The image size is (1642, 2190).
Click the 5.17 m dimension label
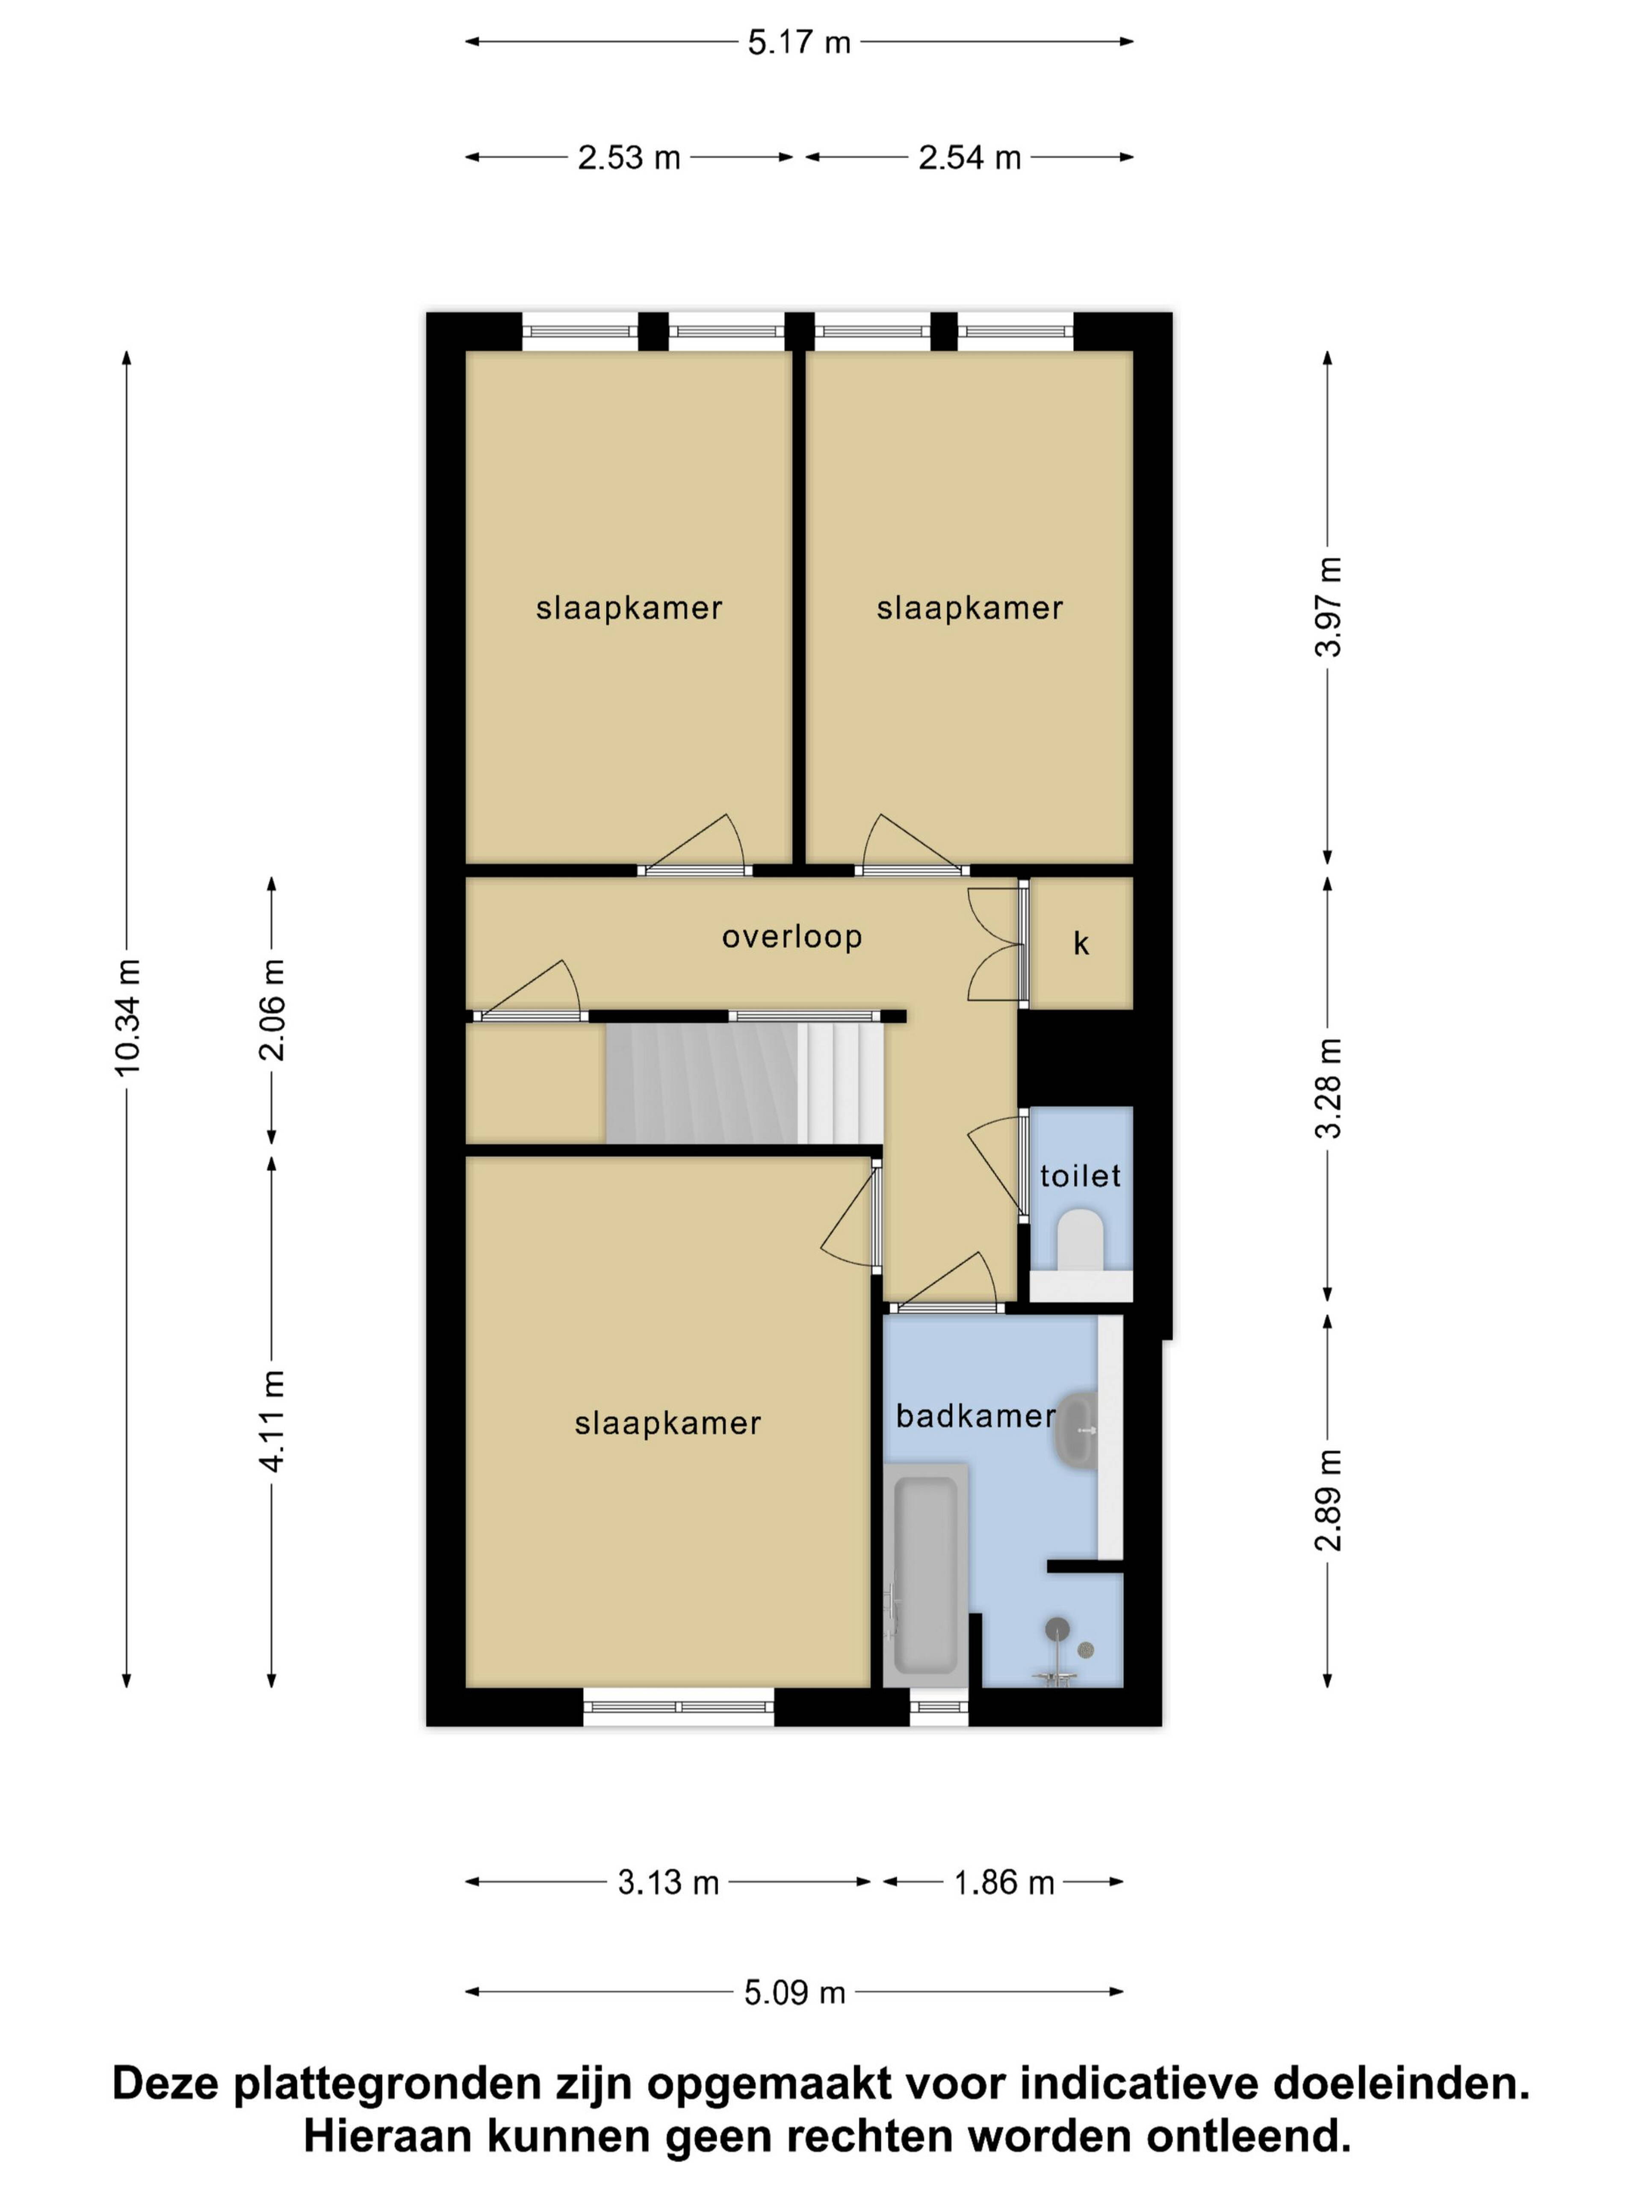799,43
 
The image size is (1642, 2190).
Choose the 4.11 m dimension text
272,1421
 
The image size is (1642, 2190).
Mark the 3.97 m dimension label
1328,606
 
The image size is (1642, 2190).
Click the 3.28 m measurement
1328,1088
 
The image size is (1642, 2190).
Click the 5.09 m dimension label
795,1992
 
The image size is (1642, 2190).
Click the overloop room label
792,937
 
